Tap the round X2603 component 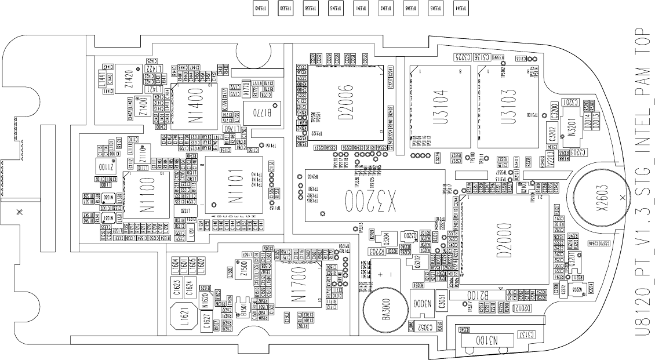[603, 197]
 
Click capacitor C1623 [176, 286]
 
